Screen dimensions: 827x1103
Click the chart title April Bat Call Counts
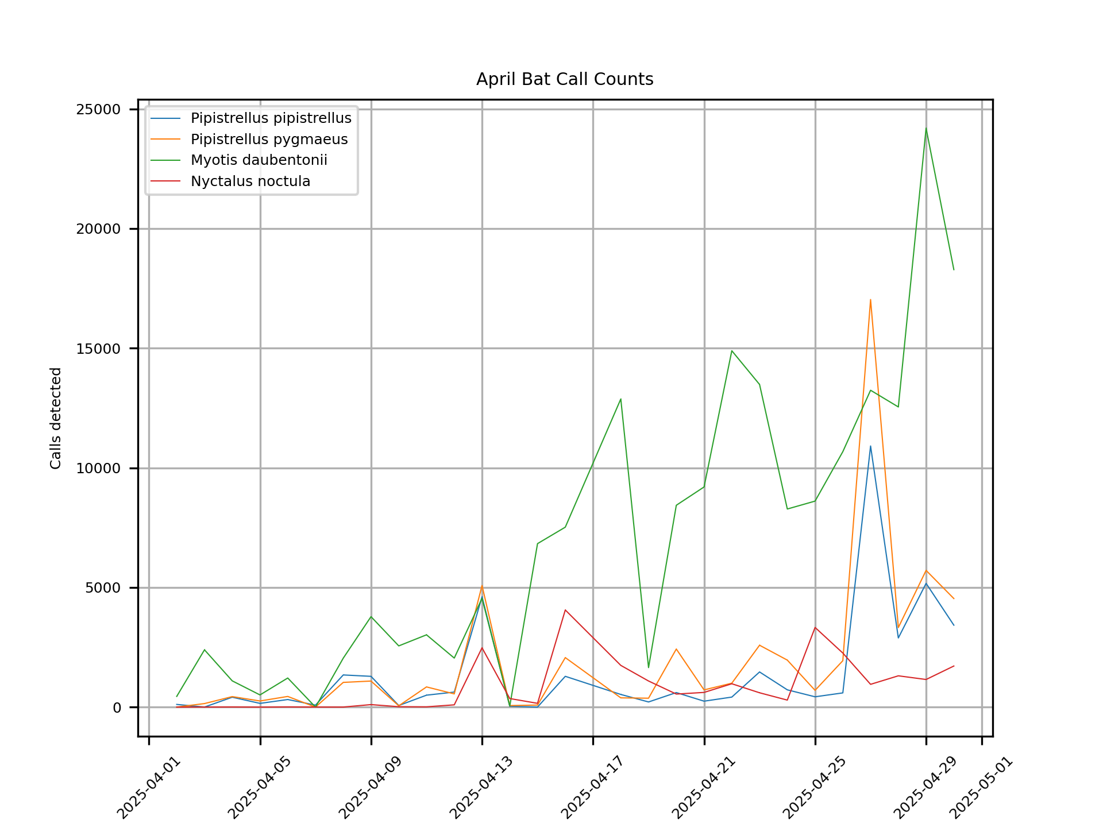click(565, 79)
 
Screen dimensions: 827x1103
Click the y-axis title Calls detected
click(56, 418)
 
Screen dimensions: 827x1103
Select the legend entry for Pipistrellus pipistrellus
click(271, 118)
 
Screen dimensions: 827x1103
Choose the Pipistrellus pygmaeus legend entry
click(269, 140)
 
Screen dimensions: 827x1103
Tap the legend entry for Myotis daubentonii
click(259, 160)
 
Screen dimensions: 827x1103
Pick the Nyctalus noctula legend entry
click(250, 181)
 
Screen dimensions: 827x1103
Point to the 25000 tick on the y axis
click(98, 110)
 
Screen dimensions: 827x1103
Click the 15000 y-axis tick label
click(98, 349)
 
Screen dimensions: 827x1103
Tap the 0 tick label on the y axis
click(117, 708)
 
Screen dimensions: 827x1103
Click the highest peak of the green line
click(926, 128)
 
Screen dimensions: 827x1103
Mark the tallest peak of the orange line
click(870, 300)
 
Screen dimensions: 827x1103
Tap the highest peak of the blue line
click(870, 446)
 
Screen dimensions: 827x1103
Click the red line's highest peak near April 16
click(565, 610)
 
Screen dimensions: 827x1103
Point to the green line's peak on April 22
click(732, 351)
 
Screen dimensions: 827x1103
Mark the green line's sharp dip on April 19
click(649, 667)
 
